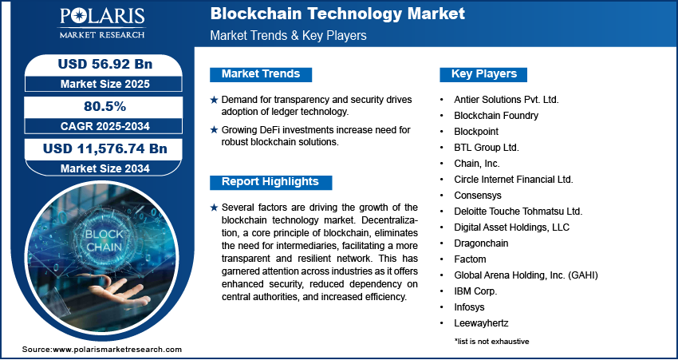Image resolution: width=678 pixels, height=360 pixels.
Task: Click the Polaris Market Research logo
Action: click(102, 23)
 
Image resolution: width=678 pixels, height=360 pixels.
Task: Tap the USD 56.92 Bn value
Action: click(105, 64)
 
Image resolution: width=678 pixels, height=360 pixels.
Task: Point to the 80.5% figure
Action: click(105, 106)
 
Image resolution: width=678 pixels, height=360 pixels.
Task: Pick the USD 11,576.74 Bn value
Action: click(105, 148)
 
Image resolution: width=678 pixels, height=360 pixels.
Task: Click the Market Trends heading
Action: click(261, 74)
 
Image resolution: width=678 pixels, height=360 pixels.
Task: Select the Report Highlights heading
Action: click(270, 182)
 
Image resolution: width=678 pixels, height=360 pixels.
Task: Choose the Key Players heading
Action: click(484, 74)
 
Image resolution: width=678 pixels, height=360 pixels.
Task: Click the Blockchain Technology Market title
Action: click(337, 14)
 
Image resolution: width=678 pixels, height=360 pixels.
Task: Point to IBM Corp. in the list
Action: click(475, 291)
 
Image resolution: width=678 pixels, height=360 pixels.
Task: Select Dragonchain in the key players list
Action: click(481, 243)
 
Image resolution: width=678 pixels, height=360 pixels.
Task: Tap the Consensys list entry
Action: click(478, 195)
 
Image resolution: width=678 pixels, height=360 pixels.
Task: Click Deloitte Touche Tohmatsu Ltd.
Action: click(518, 212)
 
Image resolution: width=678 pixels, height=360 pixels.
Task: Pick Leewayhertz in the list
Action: click(481, 322)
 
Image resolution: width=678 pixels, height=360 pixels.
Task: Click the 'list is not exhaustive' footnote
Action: click(491, 342)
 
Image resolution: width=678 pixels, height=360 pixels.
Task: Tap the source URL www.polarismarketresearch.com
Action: click(117, 349)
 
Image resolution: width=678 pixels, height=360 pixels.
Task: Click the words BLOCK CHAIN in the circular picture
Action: click(104, 241)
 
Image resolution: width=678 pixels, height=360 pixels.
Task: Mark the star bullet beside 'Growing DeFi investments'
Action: click(214, 130)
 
